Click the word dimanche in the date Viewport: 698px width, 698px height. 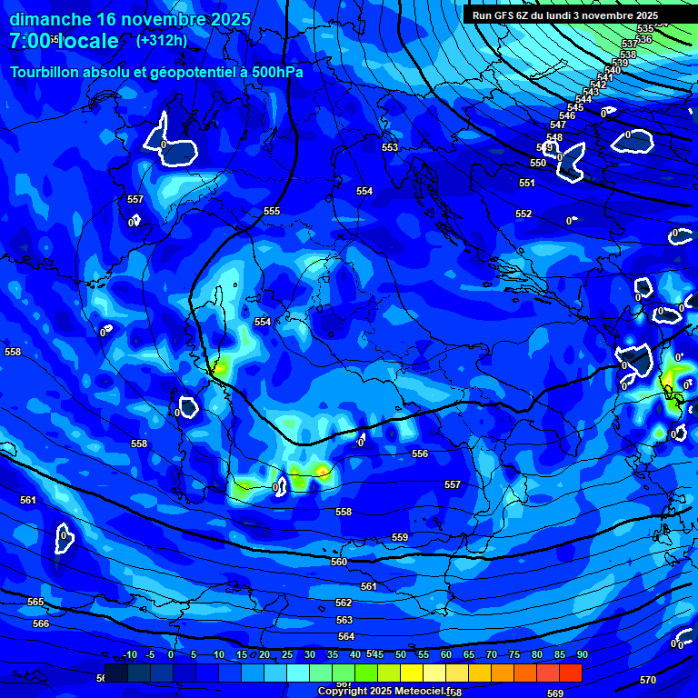[50, 19]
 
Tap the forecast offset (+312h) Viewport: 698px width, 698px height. [161, 40]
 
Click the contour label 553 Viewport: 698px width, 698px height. [390, 147]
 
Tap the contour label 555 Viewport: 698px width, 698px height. [272, 211]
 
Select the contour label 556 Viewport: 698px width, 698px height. [420, 454]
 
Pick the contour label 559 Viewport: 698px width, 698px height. [400, 537]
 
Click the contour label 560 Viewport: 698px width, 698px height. [339, 562]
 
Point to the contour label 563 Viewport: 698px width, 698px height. [344, 620]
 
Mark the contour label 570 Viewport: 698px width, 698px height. [648, 680]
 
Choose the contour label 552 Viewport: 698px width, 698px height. [523, 214]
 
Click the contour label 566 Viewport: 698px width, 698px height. [41, 623]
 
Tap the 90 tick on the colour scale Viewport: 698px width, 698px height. [582, 654]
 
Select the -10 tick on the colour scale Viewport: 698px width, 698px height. [129, 654]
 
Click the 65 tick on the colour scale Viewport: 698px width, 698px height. [469, 654]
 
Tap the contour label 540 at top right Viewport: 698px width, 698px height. [613, 70]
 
